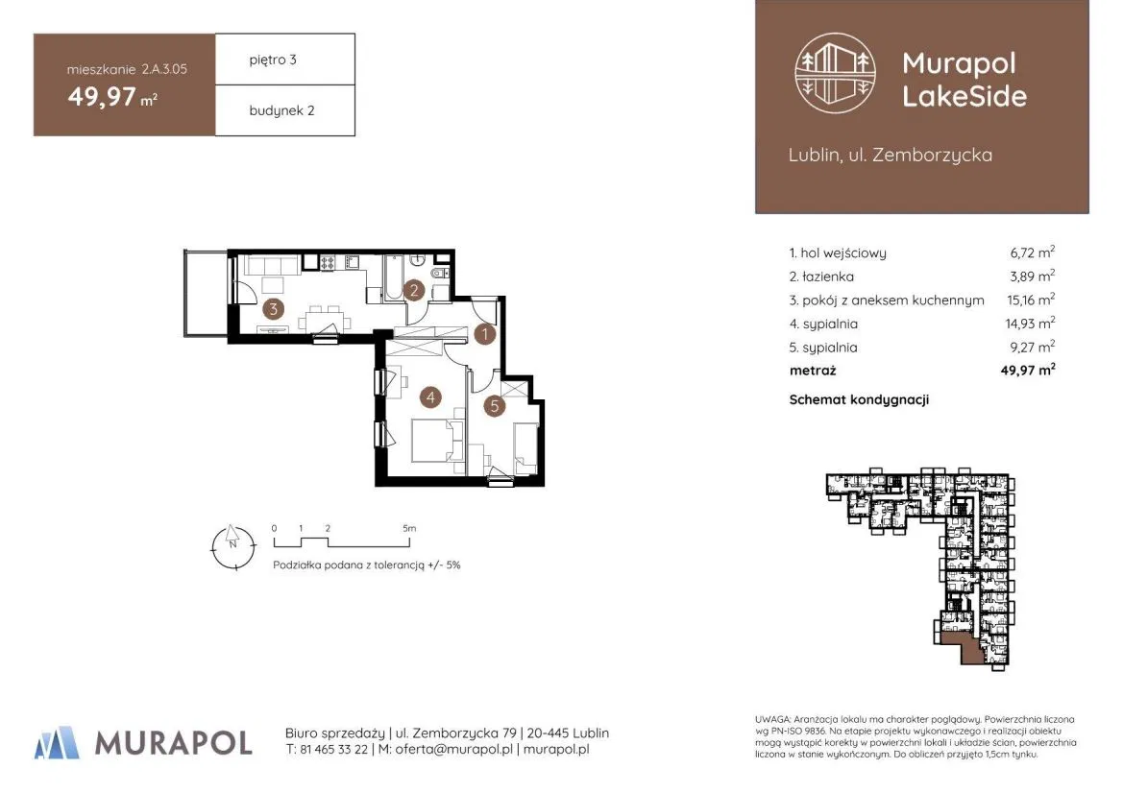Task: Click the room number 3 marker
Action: click(273, 309)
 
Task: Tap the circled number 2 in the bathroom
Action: click(413, 290)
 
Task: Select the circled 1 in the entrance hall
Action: click(485, 333)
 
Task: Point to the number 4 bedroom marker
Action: click(430, 396)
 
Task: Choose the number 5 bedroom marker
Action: click(494, 406)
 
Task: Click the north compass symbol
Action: click(232, 547)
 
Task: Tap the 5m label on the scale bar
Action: click(409, 528)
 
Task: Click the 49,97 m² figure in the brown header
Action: click(112, 97)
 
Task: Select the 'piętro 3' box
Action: click(285, 60)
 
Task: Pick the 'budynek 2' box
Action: click(285, 110)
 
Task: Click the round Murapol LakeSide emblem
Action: click(835, 73)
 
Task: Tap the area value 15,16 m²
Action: click(1031, 300)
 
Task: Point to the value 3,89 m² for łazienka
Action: click(1032, 276)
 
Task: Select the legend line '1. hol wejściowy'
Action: click(838, 252)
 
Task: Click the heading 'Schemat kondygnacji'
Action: click(859, 399)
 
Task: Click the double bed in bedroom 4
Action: click(436, 440)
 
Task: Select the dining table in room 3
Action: click(325, 317)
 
